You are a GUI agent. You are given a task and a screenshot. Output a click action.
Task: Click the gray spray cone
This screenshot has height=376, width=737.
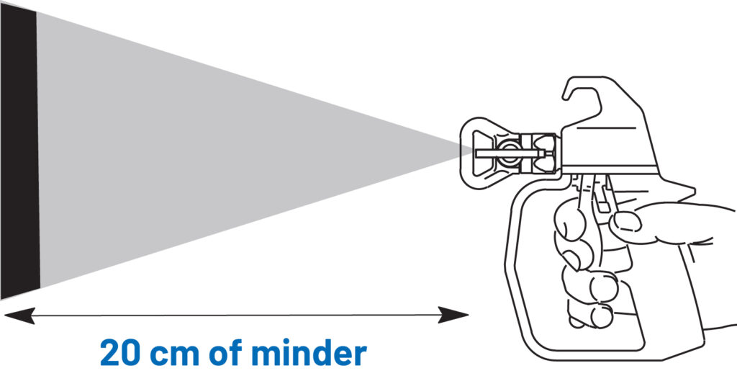click(x=216, y=151)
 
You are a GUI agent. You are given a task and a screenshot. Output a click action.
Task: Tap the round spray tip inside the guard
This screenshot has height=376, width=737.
click(x=510, y=151)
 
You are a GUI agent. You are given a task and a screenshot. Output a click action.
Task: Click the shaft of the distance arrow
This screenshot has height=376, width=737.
click(x=238, y=315)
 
